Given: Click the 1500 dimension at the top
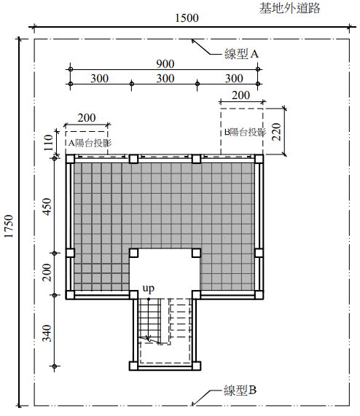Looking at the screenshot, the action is tap(187, 18).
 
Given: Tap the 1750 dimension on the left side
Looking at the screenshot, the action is tap(9, 226).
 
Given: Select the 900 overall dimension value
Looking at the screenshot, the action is tap(165, 64).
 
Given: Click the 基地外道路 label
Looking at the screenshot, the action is tap(290, 8).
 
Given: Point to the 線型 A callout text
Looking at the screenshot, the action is tap(241, 54).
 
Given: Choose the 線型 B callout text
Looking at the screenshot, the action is tap(240, 391).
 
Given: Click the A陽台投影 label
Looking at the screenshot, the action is tap(90, 143).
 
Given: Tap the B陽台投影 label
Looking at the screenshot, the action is tap(245, 132).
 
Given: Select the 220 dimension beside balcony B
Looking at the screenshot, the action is tap(276, 132).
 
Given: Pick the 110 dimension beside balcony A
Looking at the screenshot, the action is tap(48, 143).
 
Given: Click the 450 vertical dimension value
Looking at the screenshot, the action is tap(47, 207).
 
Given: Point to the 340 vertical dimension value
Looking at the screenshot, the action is tap(47, 333).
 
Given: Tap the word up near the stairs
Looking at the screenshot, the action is tap(148, 289).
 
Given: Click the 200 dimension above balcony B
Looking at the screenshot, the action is tap(241, 95).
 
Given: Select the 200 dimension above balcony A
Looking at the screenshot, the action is tap(87, 118).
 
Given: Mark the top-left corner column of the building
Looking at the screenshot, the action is tap(70, 159).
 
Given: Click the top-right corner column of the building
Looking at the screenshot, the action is tap(259, 159).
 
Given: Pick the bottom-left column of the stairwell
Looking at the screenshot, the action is tap(133, 366).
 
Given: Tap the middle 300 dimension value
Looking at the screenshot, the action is tap(165, 79).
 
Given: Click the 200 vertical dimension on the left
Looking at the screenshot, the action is tap(47, 272).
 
